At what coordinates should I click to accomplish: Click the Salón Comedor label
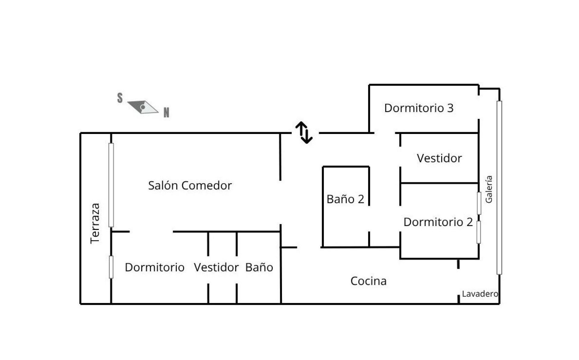pyautogui.click(x=190, y=185)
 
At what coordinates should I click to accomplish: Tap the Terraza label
pyautogui.click(x=95, y=223)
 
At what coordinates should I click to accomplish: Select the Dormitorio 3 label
pyautogui.click(x=419, y=108)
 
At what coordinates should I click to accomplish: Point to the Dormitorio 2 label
pyautogui.click(x=438, y=222)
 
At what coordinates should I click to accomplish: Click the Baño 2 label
pyautogui.click(x=345, y=199)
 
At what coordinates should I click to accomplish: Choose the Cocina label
pyautogui.click(x=368, y=281)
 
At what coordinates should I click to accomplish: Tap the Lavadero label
pyautogui.click(x=480, y=294)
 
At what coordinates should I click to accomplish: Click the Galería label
pyautogui.click(x=489, y=189)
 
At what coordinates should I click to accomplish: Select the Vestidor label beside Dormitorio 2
pyautogui.click(x=439, y=158)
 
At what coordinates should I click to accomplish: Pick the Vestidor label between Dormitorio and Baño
pyautogui.click(x=216, y=267)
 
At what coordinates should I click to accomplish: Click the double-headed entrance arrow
pyautogui.click(x=304, y=132)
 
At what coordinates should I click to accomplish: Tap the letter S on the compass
pyautogui.click(x=120, y=98)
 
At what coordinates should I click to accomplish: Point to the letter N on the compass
pyautogui.click(x=166, y=113)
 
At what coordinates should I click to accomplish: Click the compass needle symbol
pyautogui.click(x=143, y=107)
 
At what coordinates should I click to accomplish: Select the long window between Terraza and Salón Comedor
pyautogui.click(x=111, y=185)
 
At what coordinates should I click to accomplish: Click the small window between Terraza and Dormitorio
pyautogui.click(x=111, y=267)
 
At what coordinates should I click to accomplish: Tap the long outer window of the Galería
pyautogui.click(x=499, y=187)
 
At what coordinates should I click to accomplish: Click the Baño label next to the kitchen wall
pyautogui.click(x=259, y=267)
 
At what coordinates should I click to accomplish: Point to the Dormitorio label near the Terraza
pyautogui.click(x=154, y=267)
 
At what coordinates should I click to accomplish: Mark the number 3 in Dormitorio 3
pyautogui.click(x=450, y=108)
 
